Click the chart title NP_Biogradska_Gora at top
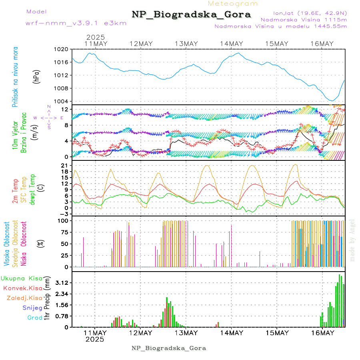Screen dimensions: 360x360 [x=191, y=15]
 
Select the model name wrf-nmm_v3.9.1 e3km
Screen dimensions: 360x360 [x=76, y=23]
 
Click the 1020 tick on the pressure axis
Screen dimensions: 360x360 [x=62, y=49]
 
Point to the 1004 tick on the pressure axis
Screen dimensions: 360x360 [x=62, y=101]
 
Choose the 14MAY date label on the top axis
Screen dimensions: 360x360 [x=231, y=44]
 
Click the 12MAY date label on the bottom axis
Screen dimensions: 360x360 [x=141, y=333]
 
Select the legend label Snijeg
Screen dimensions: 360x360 [x=32, y=308]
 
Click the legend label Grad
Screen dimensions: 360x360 [x=34, y=318]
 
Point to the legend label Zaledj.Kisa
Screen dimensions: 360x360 [x=24, y=298]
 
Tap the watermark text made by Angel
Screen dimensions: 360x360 [x=352, y=240]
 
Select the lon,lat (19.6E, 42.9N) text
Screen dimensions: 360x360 [x=310, y=12]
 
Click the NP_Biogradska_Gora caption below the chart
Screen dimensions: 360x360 [x=169, y=348]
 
